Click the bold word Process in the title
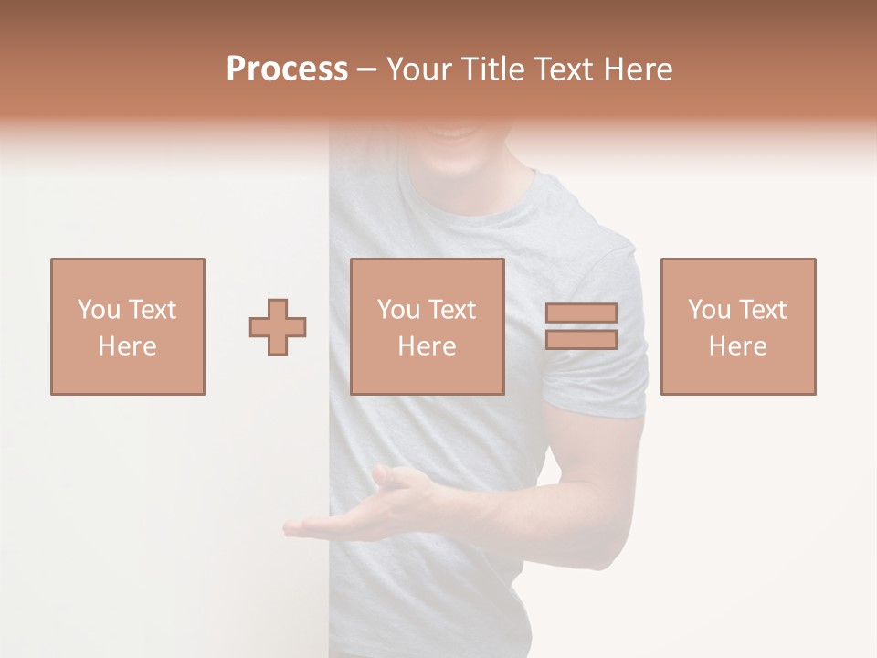pyautogui.click(x=287, y=69)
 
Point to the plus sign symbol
pyautogui.click(x=278, y=327)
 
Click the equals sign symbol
pyautogui.click(x=581, y=326)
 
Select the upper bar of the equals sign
pyautogui.click(x=581, y=313)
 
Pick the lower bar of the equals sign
pyautogui.click(x=581, y=339)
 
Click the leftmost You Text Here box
pyautogui.click(x=127, y=326)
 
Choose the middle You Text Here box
pyautogui.click(x=427, y=326)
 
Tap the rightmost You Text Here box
pyautogui.click(x=737, y=326)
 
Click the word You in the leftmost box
pyautogui.click(x=98, y=310)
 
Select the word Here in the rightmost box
pyautogui.click(x=737, y=346)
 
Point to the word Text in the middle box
pyautogui.click(x=452, y=310)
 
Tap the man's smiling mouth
pyautogui.click(x=457, y=133)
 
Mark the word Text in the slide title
pyautogui.click(x=565, y=69)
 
